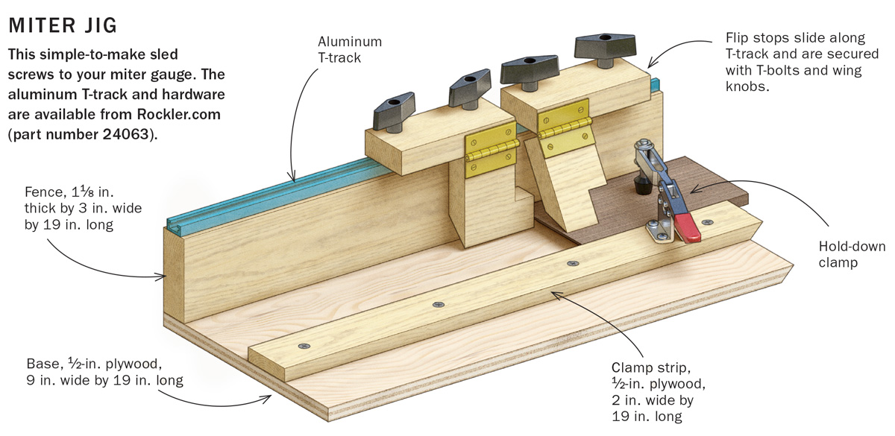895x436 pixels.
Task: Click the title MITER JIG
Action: tap(62, 25)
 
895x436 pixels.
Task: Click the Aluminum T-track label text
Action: tap(350, 49)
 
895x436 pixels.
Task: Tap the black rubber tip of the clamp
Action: tap(639, 181)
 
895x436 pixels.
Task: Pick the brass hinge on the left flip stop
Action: tap(481, 155)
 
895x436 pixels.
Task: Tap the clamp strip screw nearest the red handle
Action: tap(706, 222)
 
